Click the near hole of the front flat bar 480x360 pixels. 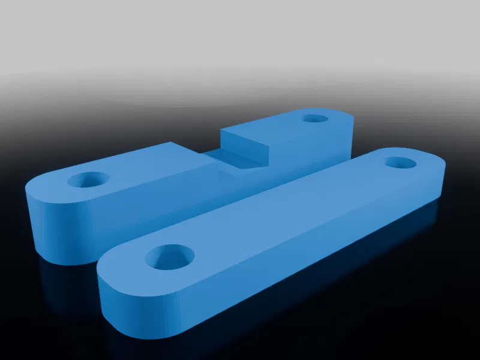click(170, 257)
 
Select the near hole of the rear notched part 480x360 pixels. click(88, 179)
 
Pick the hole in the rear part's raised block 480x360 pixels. click(314, 118)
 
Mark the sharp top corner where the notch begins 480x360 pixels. click(172, 143)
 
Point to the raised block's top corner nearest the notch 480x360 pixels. click(221, 128)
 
